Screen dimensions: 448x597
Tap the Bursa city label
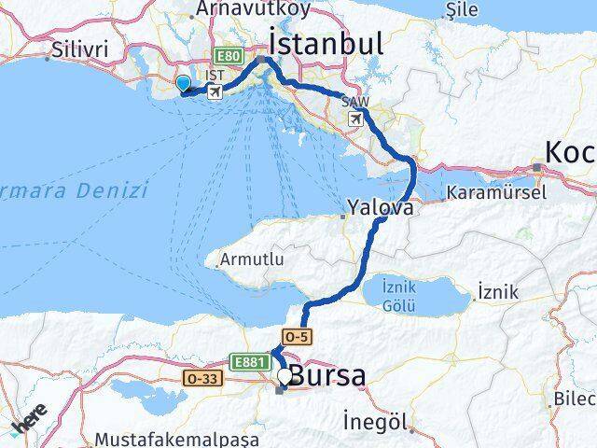coord(326,376)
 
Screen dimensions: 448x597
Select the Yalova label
coord(380,208)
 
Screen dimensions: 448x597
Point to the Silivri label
coord(81,48)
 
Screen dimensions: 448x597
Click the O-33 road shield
coord(204,379)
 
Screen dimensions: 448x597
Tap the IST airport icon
coord(215,91)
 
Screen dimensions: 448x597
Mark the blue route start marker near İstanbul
coord(183,85)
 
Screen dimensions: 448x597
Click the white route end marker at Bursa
coord(284,375)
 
